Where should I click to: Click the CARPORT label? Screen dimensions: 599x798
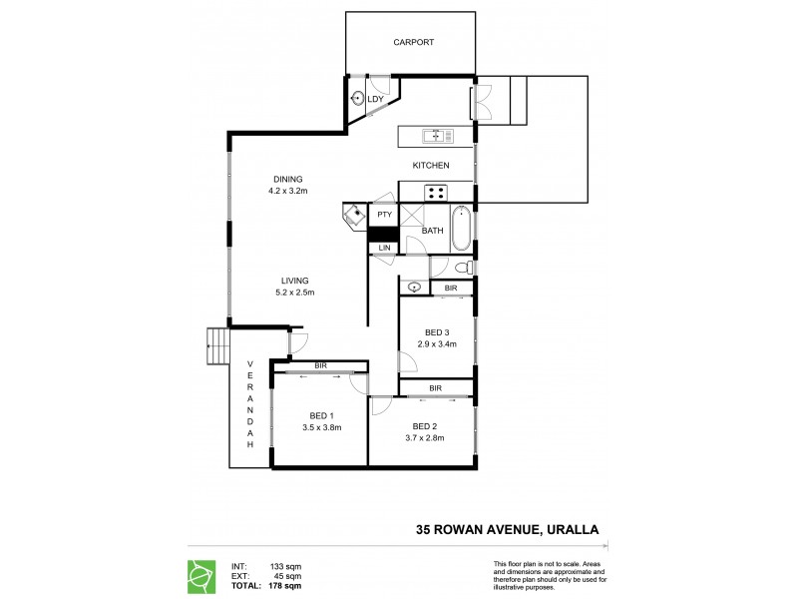click(412, 43)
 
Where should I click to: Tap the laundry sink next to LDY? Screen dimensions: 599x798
click(358, 98)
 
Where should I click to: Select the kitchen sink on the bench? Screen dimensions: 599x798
click(437, 136)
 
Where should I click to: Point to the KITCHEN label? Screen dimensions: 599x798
click(431, 165)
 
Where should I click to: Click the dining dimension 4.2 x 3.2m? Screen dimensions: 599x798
click(288, 190)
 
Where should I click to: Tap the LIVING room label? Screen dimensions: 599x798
click(294, 281)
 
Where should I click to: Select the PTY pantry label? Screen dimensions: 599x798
click(384, 215)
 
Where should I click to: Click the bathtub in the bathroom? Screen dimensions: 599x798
click(461, 229)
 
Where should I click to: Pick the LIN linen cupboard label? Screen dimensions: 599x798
click(383, 248)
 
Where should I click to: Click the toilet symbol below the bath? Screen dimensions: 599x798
click(462, 268)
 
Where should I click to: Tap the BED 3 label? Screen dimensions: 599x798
click(437, 332)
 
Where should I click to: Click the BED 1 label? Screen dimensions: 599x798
click(321, 415)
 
